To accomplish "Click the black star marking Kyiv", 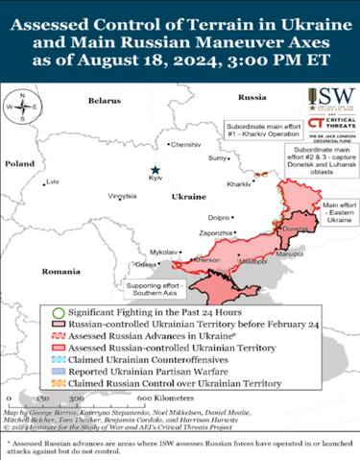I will (167, 169).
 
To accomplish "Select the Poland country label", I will (19, 164).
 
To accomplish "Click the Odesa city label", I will (145, 263).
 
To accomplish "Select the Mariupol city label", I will (289, 254).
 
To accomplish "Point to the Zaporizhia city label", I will (214, 232).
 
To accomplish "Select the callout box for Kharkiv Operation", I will (259, 130).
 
